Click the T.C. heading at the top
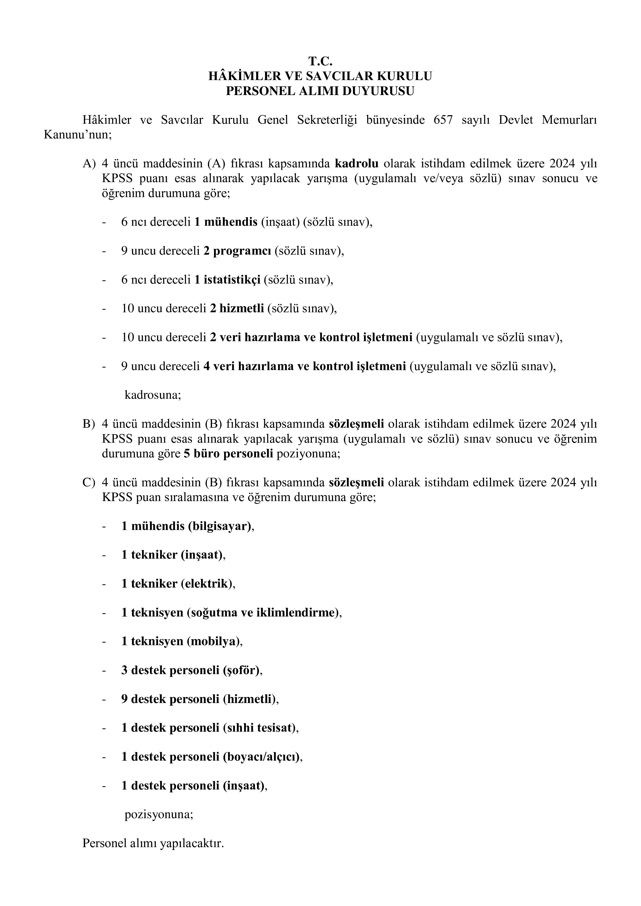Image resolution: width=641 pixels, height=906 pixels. pos(320,61)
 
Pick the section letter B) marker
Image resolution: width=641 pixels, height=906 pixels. pos(88,424)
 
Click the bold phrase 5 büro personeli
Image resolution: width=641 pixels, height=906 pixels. pos(228,454)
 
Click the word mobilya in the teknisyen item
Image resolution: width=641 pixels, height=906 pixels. pos(213,641)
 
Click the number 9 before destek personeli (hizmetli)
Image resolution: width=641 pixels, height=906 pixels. pos(124,699)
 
